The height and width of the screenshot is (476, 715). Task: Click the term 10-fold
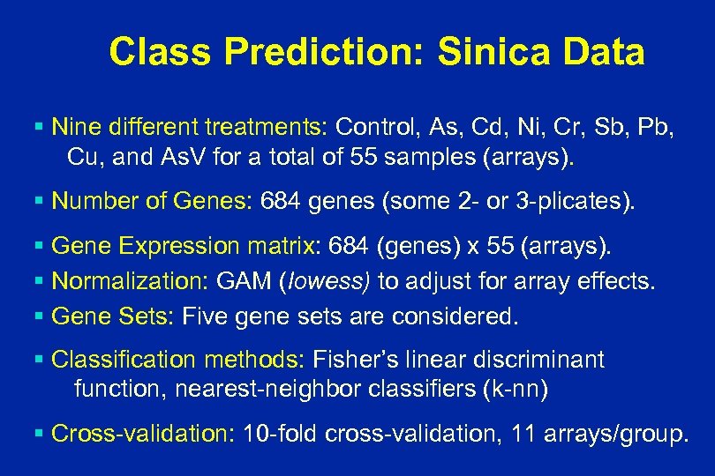pyautogui.click(x=278, y=433)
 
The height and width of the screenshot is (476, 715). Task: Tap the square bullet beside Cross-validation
pyautogui.click(x=42, y=433)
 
